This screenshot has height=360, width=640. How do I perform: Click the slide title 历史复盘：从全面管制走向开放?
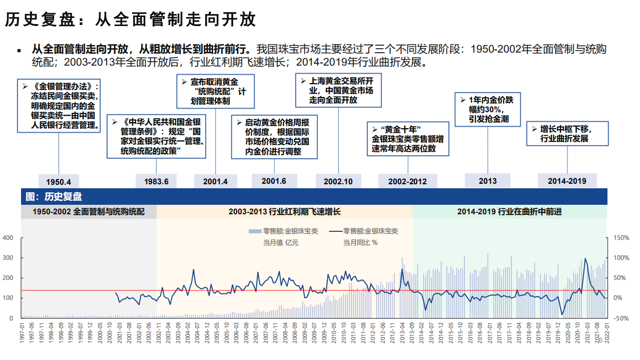pos(131,20)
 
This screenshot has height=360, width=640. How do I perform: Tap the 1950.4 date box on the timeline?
pos(59,181)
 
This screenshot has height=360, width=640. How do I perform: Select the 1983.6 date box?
pos(156,181)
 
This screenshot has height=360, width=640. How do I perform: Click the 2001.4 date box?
pos(215,181)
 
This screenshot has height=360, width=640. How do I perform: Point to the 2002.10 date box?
pos(338,181)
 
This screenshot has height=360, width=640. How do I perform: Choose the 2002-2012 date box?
pos(407,181)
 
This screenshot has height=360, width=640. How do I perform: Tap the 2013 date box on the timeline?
pos(487,181)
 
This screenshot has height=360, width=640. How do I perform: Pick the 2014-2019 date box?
pos(567,181)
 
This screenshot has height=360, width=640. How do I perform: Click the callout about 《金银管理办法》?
pos(59,105)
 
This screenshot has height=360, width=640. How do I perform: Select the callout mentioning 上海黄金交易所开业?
pos(338,91)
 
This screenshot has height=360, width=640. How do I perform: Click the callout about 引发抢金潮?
pos(487,109)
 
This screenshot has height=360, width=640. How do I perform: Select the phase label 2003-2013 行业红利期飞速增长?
pos(284,212)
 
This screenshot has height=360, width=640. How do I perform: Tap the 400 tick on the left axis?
pos(8,238)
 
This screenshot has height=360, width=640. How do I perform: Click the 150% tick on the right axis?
pos(621,238)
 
